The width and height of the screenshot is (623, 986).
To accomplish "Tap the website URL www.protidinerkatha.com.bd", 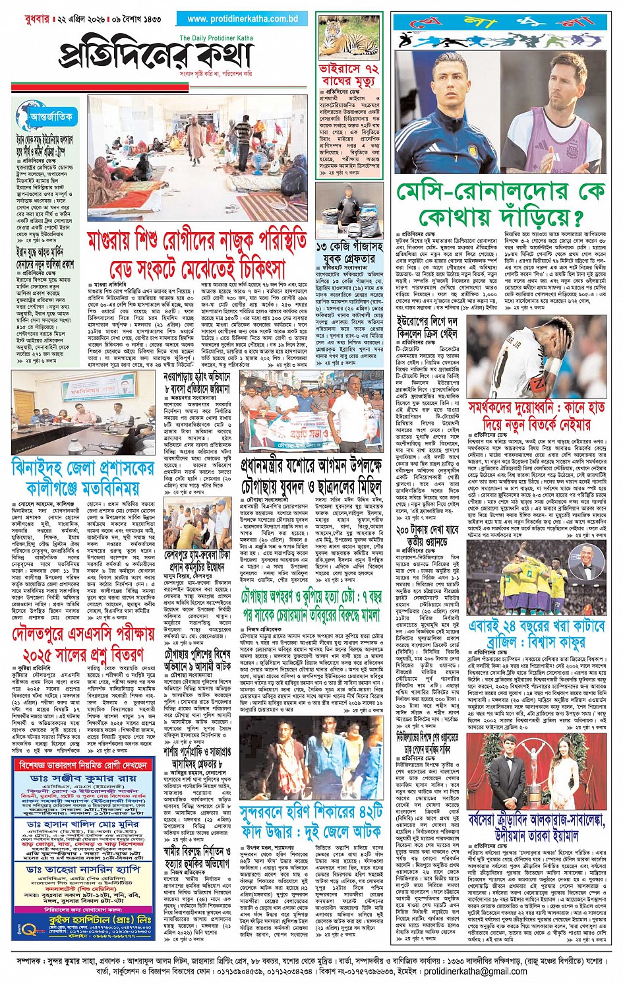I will pos(242,19).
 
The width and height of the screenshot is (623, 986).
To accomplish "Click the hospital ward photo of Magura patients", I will pos(197,158).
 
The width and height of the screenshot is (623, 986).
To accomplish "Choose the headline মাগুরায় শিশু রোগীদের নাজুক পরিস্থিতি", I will pos(197,254).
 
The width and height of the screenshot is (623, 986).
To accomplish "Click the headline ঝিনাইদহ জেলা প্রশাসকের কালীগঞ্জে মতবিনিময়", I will pos(82,478).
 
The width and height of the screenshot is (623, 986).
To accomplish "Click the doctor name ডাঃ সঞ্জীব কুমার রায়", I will pos(82,779).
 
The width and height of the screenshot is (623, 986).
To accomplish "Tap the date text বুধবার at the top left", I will pos(32,19).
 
